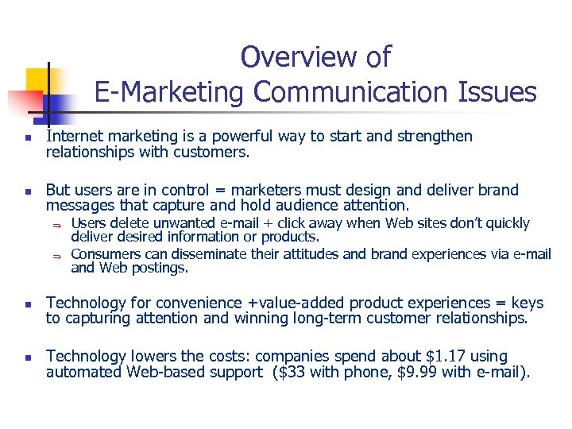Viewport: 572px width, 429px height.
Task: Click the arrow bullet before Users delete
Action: [57, 225]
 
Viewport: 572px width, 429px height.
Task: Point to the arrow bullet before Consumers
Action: [57, 255]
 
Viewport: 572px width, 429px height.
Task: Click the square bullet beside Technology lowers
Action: [27, 357]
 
